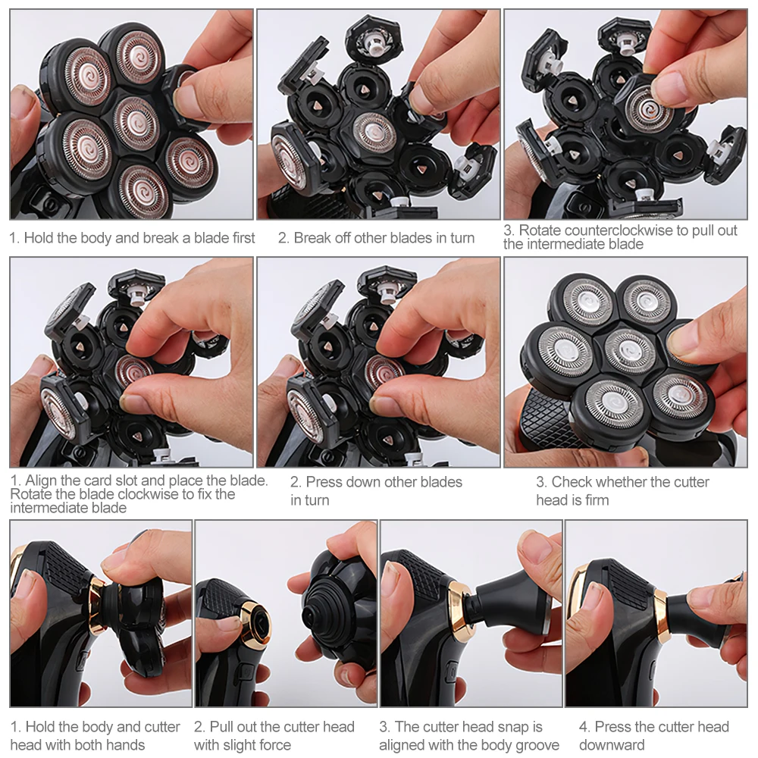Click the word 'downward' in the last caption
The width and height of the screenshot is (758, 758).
coord(612,745)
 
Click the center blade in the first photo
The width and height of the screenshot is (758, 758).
coord(136,123)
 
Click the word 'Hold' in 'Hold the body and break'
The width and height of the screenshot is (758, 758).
coord(38,238)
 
